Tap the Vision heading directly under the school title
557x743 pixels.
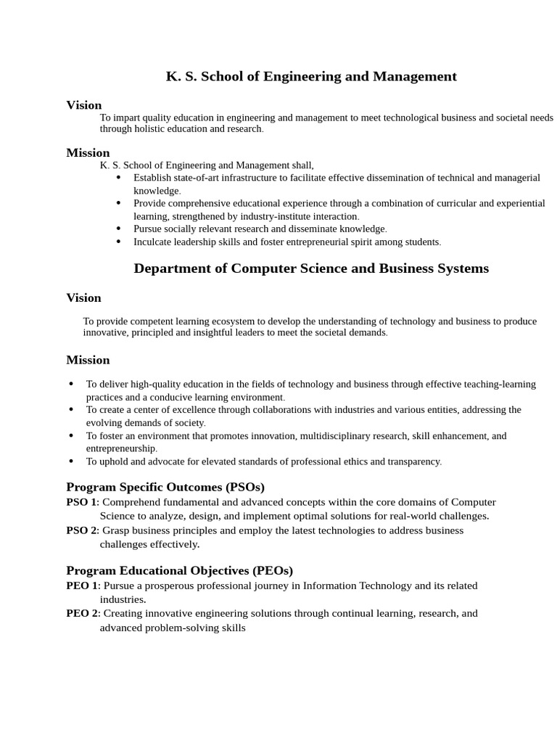(x=84, y=105)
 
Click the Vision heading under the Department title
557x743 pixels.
(x=84, y=297)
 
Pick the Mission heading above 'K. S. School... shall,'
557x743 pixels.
(x=88, y=152)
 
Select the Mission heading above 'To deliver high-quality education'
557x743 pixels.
(x=88, y=360)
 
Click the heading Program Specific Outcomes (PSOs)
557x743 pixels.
(x=165, y=487)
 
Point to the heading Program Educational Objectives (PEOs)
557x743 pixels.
(x=179, y=570)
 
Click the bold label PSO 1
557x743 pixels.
(x=81, y=502)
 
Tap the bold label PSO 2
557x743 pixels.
(x=81, y=530)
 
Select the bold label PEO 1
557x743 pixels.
(x=82, y=586)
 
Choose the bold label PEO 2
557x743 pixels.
(x=82, y=613)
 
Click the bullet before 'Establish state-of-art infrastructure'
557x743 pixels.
(x=118, y=177)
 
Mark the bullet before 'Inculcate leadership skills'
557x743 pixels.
(x=118, y=242)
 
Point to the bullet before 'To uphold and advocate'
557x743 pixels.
(x=71, y=461)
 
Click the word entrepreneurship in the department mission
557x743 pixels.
(x=120, y=448)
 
